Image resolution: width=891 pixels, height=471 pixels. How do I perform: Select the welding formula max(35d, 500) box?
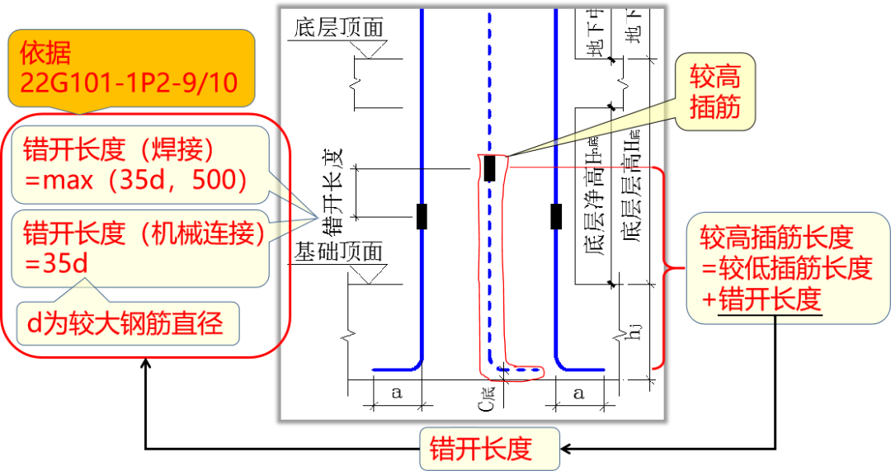140,164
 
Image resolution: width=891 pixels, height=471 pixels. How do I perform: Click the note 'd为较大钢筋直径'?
127,323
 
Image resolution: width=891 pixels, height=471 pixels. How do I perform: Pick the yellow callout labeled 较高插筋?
714,92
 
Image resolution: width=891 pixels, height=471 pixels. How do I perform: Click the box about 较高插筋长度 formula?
785,268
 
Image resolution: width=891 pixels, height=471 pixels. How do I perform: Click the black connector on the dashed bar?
489,167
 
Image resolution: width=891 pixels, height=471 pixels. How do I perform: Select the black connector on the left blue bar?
422,216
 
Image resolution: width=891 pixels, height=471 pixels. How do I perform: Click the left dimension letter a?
396,393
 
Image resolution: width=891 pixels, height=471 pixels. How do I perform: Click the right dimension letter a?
578,393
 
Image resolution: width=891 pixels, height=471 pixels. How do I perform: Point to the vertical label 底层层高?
631,190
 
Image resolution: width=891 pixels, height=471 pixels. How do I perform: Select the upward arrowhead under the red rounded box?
146,364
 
